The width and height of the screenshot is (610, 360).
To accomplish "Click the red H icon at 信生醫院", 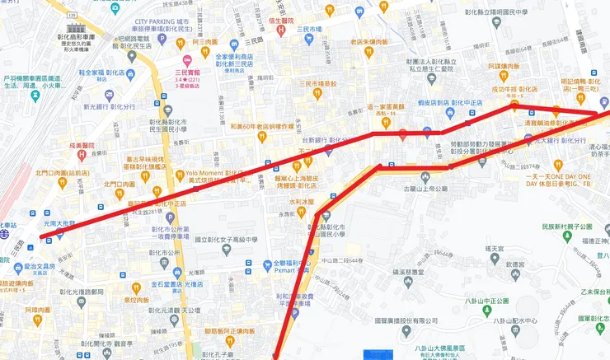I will pos(280,30).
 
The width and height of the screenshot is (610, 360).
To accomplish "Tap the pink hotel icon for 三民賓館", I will pos(187,58).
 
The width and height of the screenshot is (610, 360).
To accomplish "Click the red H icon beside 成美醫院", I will pos(93,153).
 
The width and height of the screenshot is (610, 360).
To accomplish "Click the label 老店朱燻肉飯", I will pos(368,41).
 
